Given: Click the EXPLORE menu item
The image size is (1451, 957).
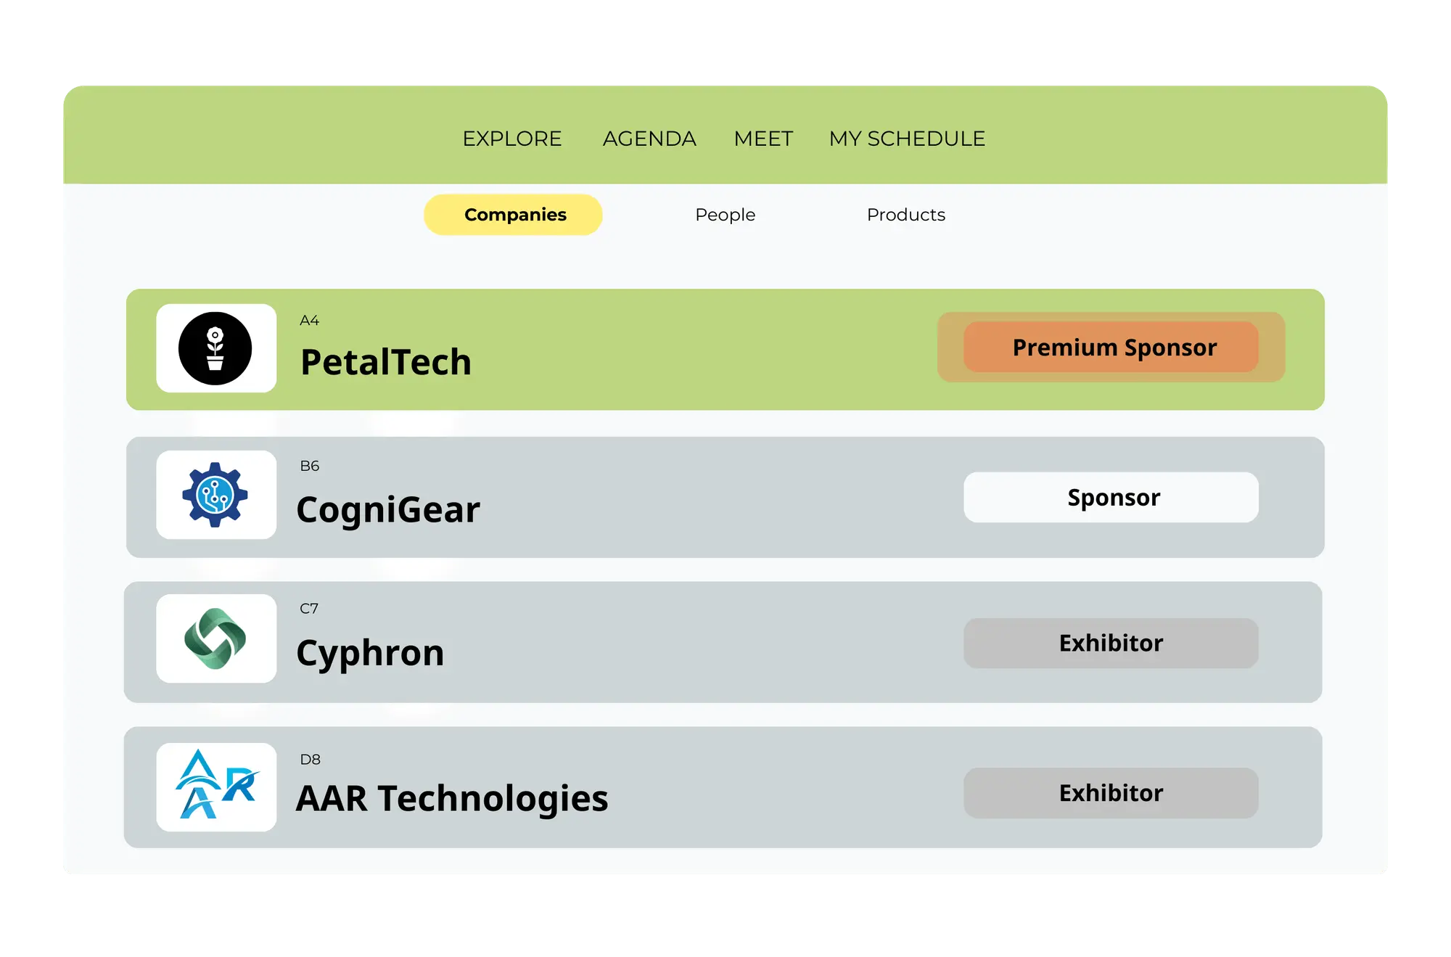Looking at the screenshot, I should (512, 139).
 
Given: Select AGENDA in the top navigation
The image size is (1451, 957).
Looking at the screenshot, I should (649, 139).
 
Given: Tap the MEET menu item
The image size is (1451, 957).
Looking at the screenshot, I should (763, 139).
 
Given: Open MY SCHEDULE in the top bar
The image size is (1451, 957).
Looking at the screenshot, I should (907, 139).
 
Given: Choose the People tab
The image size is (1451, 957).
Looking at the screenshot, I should (725, 215).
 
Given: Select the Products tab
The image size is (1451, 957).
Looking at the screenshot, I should (905, 215).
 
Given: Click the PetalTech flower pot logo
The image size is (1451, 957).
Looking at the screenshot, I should (215, 348).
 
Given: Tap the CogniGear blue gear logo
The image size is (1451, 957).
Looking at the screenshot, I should (215, 495).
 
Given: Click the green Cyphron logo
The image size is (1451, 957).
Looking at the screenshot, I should (215, 638).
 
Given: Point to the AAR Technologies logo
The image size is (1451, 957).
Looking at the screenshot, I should (215, 786).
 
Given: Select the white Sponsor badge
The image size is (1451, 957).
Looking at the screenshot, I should (1111, 498).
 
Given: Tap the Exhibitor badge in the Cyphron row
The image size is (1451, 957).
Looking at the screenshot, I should (1111, 644).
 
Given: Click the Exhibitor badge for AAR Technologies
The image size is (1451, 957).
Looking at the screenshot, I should (1111, 793).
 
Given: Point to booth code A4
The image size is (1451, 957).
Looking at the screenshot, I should (309, 321).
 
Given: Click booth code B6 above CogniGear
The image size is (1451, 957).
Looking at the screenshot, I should (309, 466).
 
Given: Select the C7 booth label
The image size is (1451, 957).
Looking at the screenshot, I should (308, 609).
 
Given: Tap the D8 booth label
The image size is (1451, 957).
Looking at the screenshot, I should (310, 760).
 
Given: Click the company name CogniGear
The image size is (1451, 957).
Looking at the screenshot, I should (388, 509).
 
